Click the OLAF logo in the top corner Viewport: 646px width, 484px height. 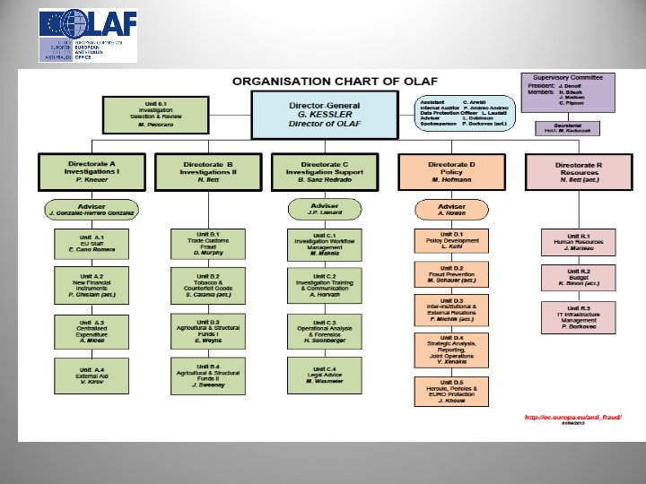coord(88,35)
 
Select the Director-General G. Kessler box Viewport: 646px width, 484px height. coord(323,114)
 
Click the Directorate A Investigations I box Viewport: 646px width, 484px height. coord(92,171)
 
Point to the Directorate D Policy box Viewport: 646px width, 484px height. coord(451,171)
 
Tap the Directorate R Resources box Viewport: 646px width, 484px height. coord(577,171)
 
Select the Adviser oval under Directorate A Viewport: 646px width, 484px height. coord(92,210)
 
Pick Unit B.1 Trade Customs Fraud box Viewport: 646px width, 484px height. coord(208,243)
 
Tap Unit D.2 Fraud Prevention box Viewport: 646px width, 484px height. coord(452,275)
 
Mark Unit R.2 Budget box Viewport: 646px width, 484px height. coord(579,278)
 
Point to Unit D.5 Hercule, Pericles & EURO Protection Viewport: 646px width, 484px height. coord(452,391)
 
